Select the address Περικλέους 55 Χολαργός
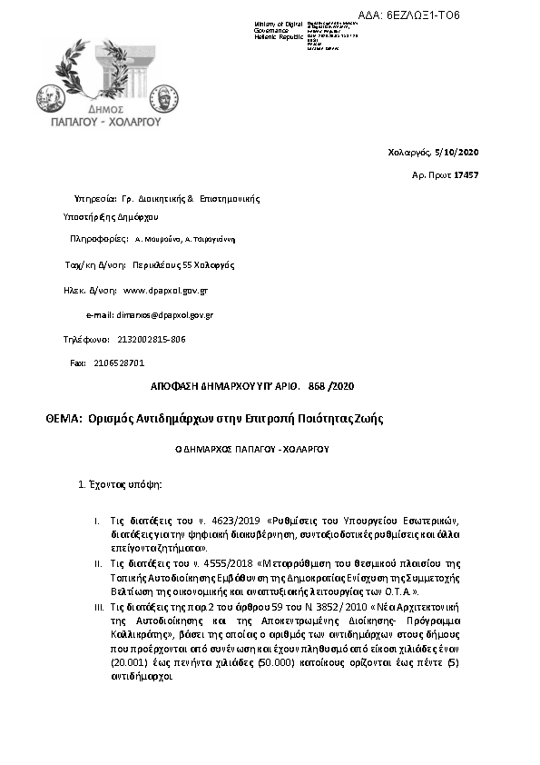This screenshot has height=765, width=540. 183,265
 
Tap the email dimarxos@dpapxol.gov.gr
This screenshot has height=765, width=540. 164,314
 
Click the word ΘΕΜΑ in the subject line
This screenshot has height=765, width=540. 63,419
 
